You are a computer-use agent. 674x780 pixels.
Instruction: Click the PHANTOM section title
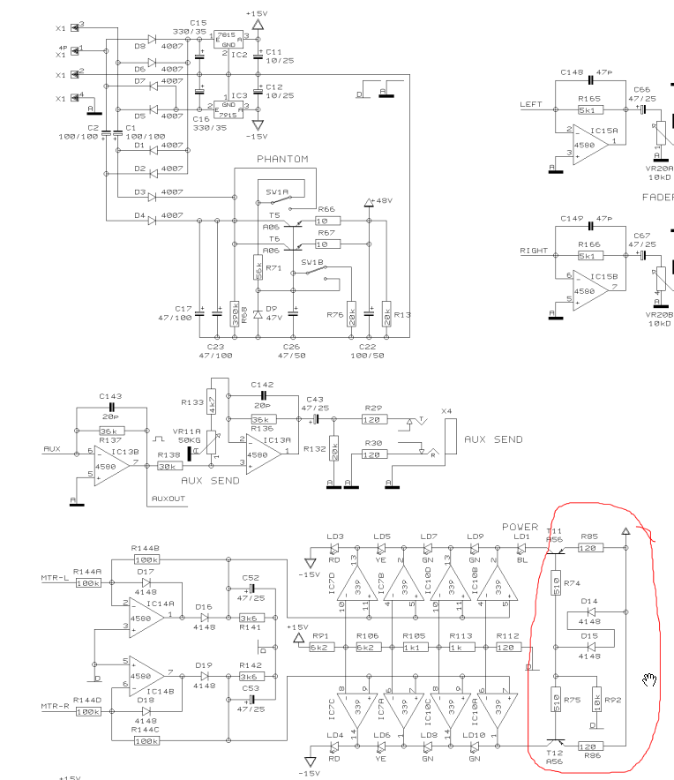(x=282, y=159)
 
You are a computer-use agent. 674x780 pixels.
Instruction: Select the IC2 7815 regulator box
(x=227, y=40)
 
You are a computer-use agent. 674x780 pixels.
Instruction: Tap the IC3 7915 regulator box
(x=227, y=99)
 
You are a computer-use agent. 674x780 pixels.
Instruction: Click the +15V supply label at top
(x=258, y=13)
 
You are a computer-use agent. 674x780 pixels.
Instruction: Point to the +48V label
(x=384, y=201)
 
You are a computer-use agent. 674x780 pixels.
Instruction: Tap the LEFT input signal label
(x=531, y=104)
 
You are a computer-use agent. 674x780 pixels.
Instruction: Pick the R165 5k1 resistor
(x=588, y=110)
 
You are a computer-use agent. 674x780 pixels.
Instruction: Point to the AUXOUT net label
(x=168, y=499)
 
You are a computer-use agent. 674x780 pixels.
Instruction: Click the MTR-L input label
(x=56, y=578)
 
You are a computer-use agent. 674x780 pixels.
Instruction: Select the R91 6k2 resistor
(x=319, y=647)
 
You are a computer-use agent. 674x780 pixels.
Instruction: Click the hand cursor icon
(x=650, y=679)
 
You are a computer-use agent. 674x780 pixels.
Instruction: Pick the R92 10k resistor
(x=597, y=699)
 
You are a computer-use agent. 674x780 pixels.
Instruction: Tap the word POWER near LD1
(x=520, y=527)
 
